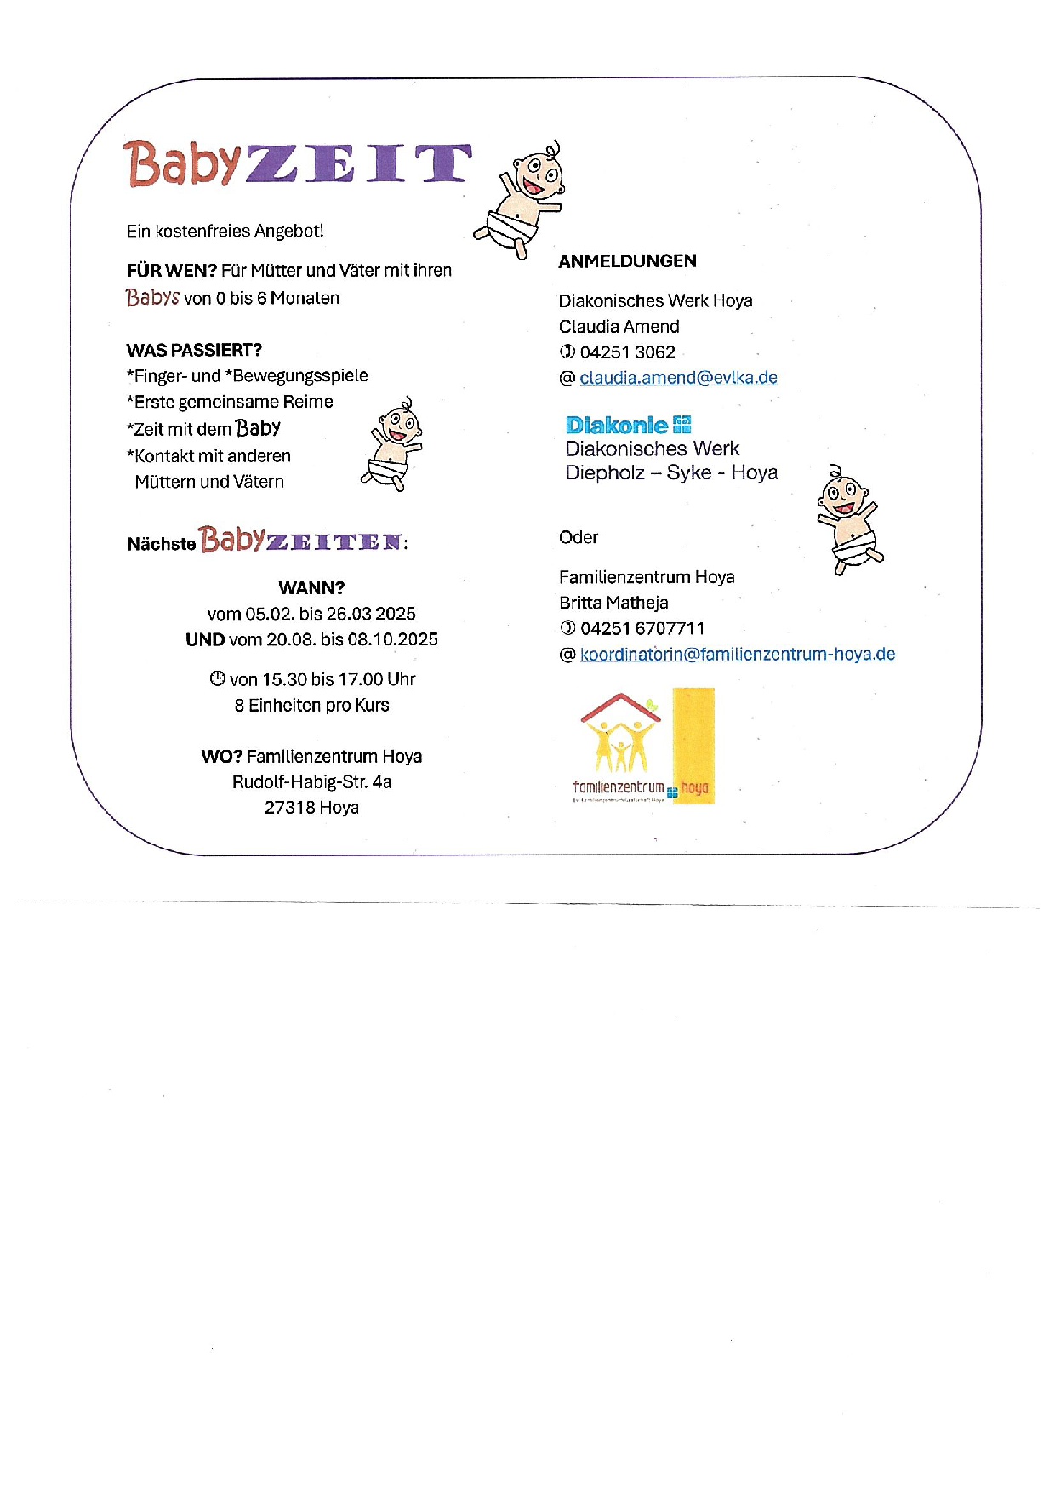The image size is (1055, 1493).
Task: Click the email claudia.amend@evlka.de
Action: click(678, 378)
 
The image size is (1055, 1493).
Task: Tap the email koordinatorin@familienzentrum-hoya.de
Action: click(737, 655)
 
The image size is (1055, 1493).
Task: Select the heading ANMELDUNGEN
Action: click(627, 261)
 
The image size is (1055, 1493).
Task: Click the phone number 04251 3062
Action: click(627, 352)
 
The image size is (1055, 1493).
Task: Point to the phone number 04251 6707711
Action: click(642, 629)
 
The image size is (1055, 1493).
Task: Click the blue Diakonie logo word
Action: click(617, 426)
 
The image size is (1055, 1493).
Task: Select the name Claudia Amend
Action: click(619, 327)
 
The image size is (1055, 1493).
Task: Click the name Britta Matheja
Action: click(613, 603)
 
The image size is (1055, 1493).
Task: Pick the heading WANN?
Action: click(311, 588)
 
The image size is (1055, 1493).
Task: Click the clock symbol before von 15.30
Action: click(218, 679)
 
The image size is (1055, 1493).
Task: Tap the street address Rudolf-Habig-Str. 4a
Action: click(311, 782)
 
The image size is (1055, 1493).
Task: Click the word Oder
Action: click(578, 538)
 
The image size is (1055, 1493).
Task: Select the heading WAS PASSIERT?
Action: click(194, 351)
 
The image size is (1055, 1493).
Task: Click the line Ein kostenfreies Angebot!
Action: click(225, 232)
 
